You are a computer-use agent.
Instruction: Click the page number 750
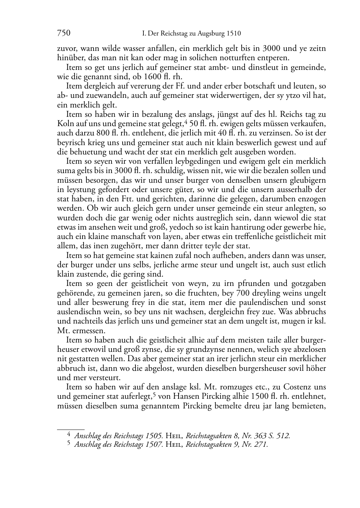[63, 34]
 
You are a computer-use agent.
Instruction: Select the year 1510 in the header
[233, 34]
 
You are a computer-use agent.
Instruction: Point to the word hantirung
[237, 227]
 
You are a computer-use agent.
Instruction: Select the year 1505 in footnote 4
[155, 436]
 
